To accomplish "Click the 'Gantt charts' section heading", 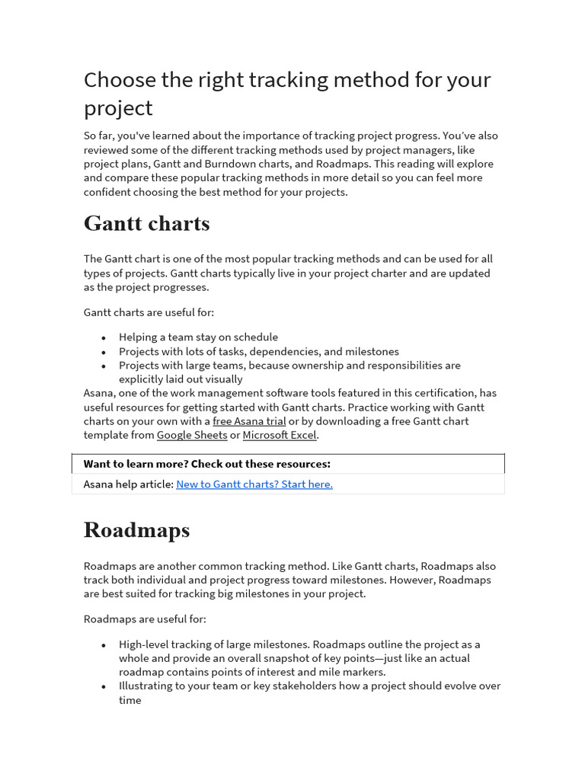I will click(146, 224).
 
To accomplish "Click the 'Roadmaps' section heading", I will click(136, 530).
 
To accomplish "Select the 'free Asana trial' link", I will click(249, 421).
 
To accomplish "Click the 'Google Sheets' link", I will click(192, 435).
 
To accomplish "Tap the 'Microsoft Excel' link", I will click(280, 435).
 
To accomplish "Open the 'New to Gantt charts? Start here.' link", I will click(254, 484).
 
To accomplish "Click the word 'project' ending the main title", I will click(118, 107).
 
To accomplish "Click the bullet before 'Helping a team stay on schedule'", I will click(104, 337).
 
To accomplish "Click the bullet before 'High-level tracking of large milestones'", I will click(104, 644).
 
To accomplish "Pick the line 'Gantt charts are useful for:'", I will click(149, 312).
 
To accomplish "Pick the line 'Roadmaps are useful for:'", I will click(145, 619).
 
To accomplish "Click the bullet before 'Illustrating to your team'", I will click(104, 686).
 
